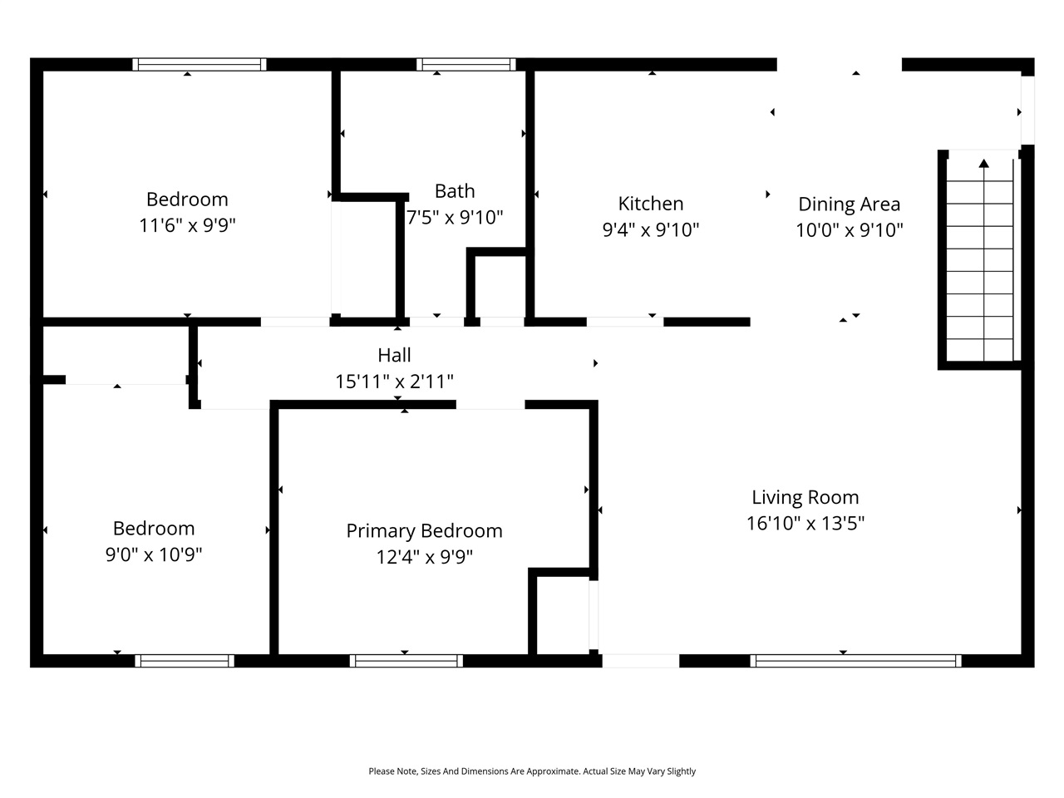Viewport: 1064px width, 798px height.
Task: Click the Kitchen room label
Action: click(x=651, y=204)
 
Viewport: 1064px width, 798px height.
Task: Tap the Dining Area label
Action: click(x=849, y=204)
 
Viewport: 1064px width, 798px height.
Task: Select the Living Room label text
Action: click(x=805, y=497)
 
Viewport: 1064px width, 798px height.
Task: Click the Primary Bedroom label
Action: click(x=424, y=530)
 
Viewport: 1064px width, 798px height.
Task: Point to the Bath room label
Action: click(x=455, y=191)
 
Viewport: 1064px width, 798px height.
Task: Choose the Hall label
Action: click(x=394, y=355)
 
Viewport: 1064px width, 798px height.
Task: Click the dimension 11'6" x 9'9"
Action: click(x=187, y=225)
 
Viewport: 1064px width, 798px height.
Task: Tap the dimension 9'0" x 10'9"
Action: click(x=154, y=554)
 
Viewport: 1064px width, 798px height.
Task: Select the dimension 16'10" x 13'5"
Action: click(x=805, y=524)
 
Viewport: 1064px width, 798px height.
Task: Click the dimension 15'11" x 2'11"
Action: click(x=394, y=382)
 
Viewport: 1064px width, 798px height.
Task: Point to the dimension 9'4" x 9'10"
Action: click(x=651, y=230)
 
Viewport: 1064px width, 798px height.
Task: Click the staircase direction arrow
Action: click(x=984, y=164)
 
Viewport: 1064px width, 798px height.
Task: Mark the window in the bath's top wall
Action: click(x=466, y=64)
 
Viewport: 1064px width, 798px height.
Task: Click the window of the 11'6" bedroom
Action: click(x=199, y=64)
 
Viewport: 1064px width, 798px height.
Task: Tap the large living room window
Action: click(x=855, y=661)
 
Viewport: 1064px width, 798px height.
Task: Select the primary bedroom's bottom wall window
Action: click(x=406, y=661)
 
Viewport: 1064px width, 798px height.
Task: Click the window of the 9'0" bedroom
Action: click(x=185, y=661)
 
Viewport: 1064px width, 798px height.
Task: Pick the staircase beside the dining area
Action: click(x=981, y=258)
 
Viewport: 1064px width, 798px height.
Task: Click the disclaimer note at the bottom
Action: click(x=532, y=771)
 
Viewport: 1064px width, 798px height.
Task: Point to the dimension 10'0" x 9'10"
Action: click(x=849, y=231)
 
